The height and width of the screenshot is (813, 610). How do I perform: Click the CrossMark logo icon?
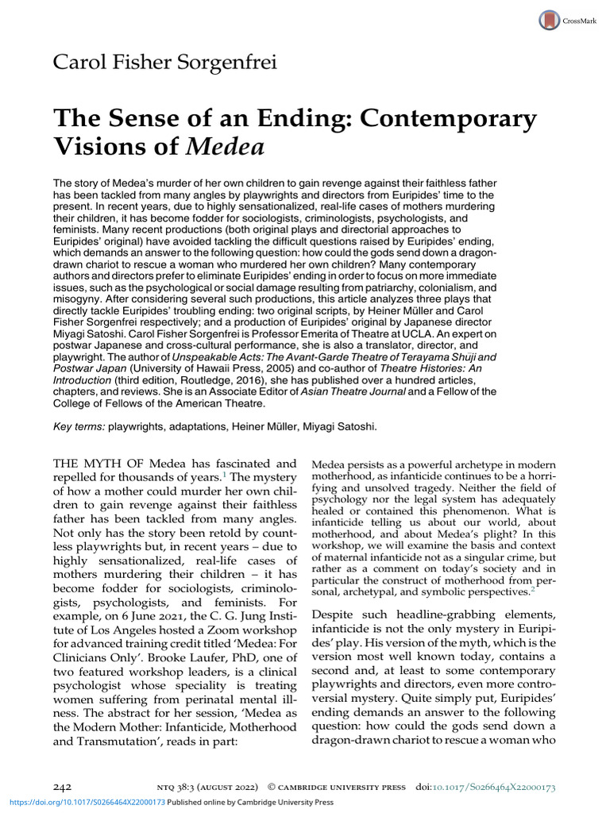pos(550,20)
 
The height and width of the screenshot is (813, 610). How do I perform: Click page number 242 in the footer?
pos(63,786)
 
